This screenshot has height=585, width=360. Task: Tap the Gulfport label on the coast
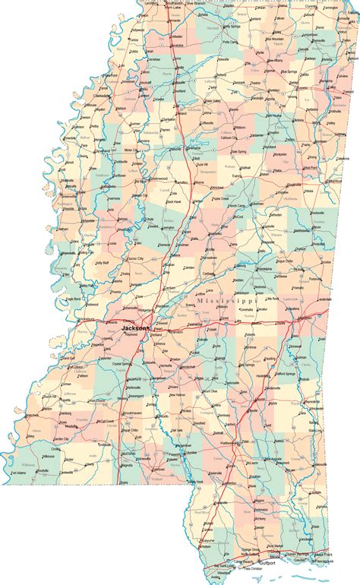pos(267,564)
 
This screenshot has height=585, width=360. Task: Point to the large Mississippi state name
pos(227,302)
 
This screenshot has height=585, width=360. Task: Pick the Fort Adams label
pos(22,473)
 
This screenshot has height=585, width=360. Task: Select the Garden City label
pos(41,438)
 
